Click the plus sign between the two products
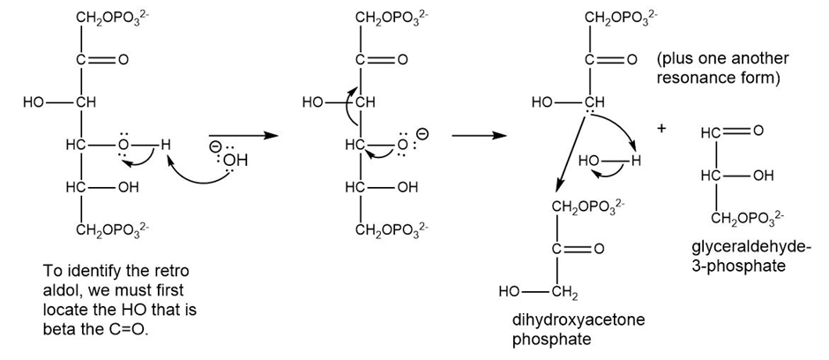(661, 129)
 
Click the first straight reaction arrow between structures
(243, 136)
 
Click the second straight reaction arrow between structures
(479, 136)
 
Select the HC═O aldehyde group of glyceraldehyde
(732, 131)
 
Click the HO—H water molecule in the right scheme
(609, 161)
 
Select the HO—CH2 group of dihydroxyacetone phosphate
(538, 291)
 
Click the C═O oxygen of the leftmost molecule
(123, 60)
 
